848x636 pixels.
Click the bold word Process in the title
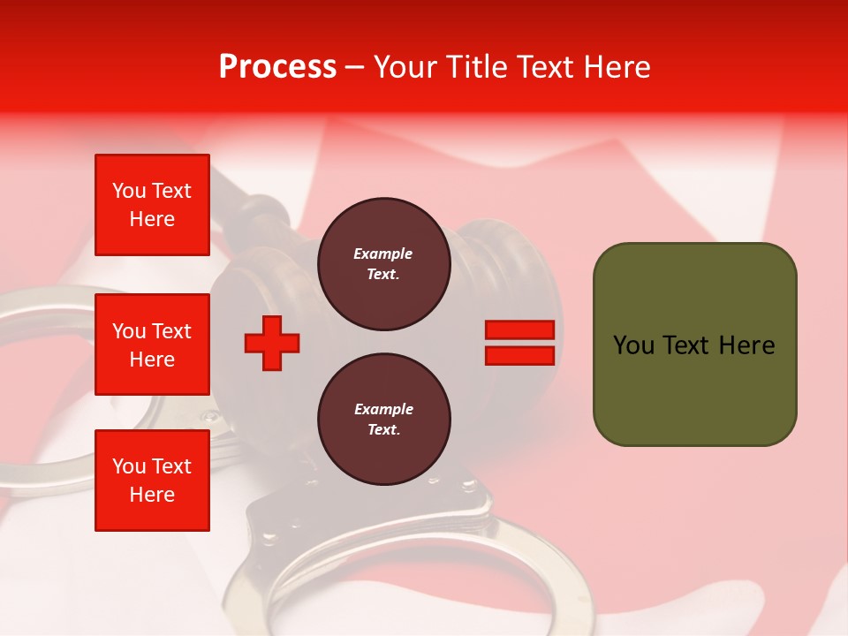click(277, 67)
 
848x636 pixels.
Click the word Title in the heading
click(473, 67)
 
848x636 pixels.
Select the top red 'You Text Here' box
click(152, 205)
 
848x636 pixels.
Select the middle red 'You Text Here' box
click(152, 344)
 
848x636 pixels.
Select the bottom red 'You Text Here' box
click(152, 481)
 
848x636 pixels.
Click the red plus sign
click(272, 343)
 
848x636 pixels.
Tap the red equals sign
click(519, 343)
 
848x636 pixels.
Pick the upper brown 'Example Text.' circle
click(383, 264)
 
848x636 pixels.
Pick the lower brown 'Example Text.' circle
click(383, 420)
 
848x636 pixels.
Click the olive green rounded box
click(694, 344)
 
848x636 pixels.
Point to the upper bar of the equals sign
click(519, 330)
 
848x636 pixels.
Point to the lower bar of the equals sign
click(519, 355)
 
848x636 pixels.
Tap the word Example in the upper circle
click(383, 254)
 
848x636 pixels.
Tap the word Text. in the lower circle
click(383, 430)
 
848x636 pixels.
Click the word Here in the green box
click(746, 345)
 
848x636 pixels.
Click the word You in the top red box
click(129, 191)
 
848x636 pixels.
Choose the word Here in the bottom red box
click(152, 495)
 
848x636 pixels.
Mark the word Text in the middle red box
click(171, 331)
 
